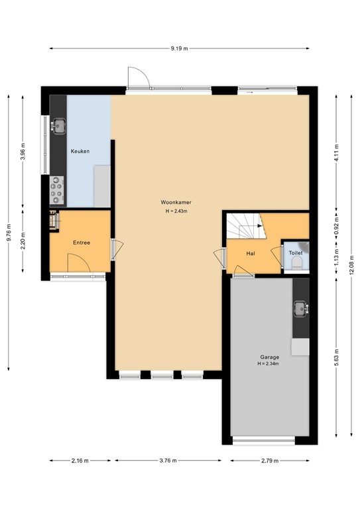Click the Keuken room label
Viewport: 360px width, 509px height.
coord(80,152)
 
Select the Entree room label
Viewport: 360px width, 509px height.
coord(81,243)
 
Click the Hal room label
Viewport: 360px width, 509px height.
coord(251,253)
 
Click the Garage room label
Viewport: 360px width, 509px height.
coord(269,357)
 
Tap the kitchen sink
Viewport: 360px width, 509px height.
coord(59,124)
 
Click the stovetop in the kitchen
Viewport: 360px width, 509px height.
coord(58,192)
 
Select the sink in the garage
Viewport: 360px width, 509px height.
coord(300,308)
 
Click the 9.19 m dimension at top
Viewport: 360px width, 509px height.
coord(179,48)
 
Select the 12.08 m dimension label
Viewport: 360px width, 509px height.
coord(351,270)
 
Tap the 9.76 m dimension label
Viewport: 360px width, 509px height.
coord(9,231)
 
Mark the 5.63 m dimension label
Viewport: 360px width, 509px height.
coord(336,357)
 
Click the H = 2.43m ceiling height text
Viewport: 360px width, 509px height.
coord(176,211)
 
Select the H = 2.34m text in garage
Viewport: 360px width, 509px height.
coord(269,364)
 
